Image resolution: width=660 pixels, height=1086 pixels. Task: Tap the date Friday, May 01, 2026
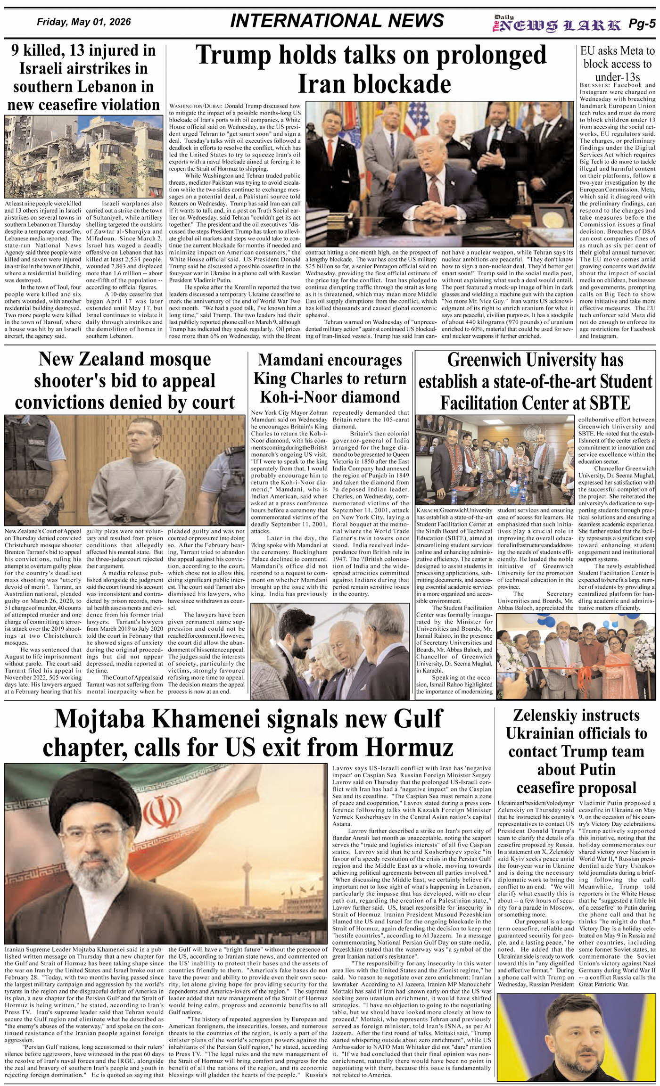point(83,22)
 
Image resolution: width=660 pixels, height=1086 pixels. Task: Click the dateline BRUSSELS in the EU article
point(594,85)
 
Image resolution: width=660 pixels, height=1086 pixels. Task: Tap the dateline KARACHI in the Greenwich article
point(429,510)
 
